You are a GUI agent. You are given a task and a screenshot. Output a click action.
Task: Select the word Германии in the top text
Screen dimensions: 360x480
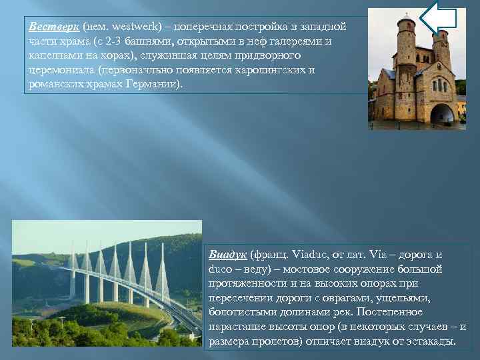(x=152, y=85)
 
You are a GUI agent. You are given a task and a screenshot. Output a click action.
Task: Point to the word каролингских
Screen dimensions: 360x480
(x=263, y=71)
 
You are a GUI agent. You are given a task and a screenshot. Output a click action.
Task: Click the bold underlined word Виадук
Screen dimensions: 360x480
(x=228, y=255)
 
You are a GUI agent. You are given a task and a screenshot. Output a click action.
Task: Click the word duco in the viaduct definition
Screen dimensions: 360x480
(x=220, y=269)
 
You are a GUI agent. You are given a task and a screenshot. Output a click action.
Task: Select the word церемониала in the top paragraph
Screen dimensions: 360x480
(x=57, y=71)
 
